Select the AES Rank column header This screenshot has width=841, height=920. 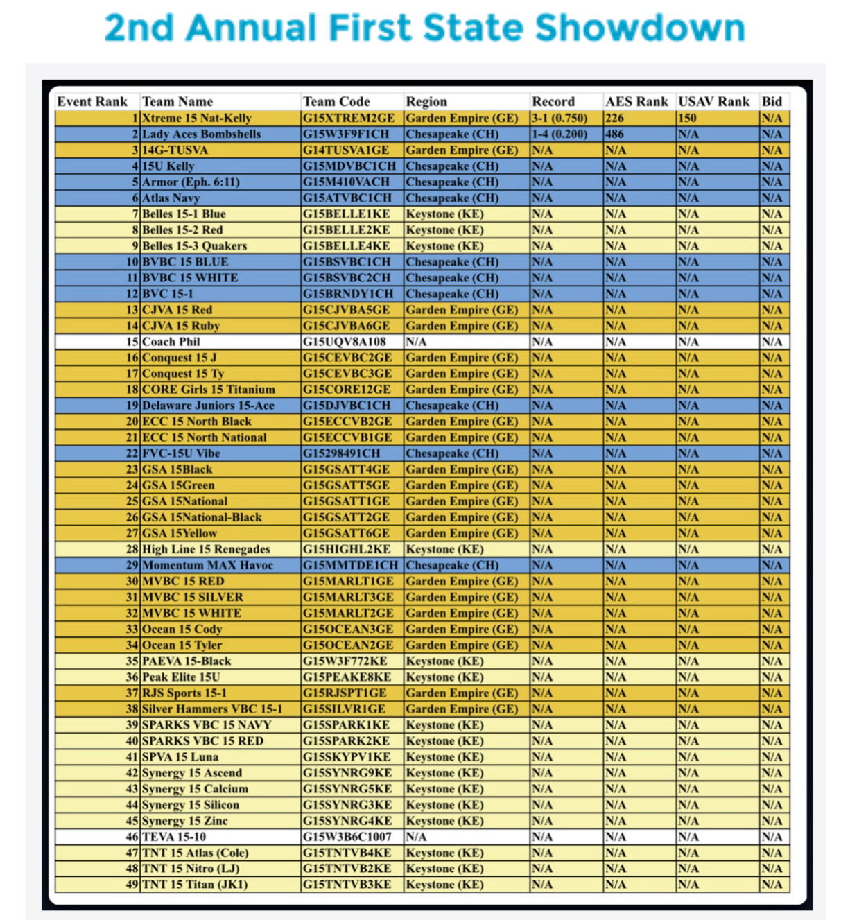[x=636, y=102]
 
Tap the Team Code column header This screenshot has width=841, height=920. [x=336, y=102]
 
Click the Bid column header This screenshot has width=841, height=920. [x=772, y=102]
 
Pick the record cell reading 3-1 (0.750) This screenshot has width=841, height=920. [x=560, y=118]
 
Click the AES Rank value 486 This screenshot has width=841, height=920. [x=614, y=134]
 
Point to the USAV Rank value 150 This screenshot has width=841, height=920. [x=687, y=118]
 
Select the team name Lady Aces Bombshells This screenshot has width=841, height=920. [x=201, y=134]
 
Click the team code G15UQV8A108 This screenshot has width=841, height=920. [x=344, y=342]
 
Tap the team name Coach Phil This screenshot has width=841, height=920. [x=171, y=342]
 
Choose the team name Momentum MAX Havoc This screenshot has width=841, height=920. [x=207, y=565]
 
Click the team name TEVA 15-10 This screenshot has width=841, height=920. [x=174, y=837]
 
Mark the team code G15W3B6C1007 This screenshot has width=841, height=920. [x=347, y=837]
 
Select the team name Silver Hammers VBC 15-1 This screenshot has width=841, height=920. [x=211, y=709]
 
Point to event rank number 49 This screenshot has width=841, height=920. [x=132, y=885]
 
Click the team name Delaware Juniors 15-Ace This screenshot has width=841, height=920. [x=208, y=406]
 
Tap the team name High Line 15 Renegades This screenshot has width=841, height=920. [x=206, y=549]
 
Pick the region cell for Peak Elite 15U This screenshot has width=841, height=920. [x=444, y=677]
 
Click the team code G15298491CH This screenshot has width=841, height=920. [x=341, y=453]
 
